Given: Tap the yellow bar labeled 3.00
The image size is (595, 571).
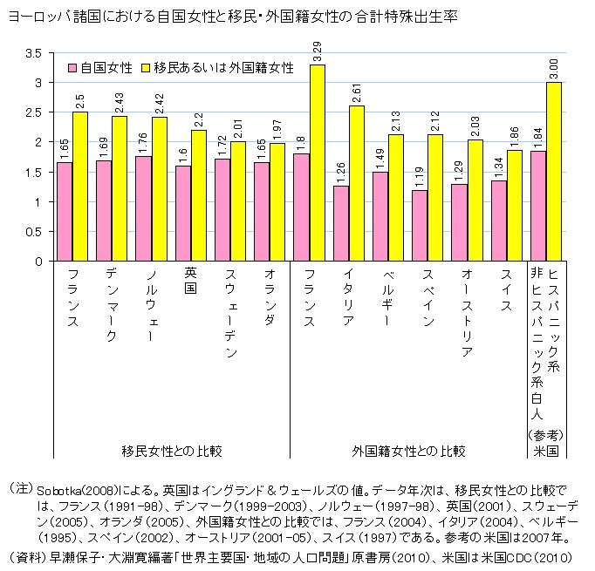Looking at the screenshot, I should pos(554,172).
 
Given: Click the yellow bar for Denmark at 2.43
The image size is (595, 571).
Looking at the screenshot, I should pos(120,188).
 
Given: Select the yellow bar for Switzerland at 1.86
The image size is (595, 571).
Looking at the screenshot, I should pos(515,205).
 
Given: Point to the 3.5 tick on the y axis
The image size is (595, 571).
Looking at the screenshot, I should pos(34,53).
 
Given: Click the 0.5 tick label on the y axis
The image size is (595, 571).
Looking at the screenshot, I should pos(34,232).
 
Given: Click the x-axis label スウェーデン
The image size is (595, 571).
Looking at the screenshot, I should pos(229,314).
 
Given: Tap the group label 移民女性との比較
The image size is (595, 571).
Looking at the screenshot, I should pos(172,451).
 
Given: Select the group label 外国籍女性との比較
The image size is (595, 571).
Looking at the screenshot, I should pos(408,451).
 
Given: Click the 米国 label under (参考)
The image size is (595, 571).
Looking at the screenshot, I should pos(546,451).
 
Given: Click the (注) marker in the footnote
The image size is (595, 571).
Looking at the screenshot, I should pos(20,486).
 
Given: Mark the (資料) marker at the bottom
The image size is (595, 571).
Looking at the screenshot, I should pos(26,556).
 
